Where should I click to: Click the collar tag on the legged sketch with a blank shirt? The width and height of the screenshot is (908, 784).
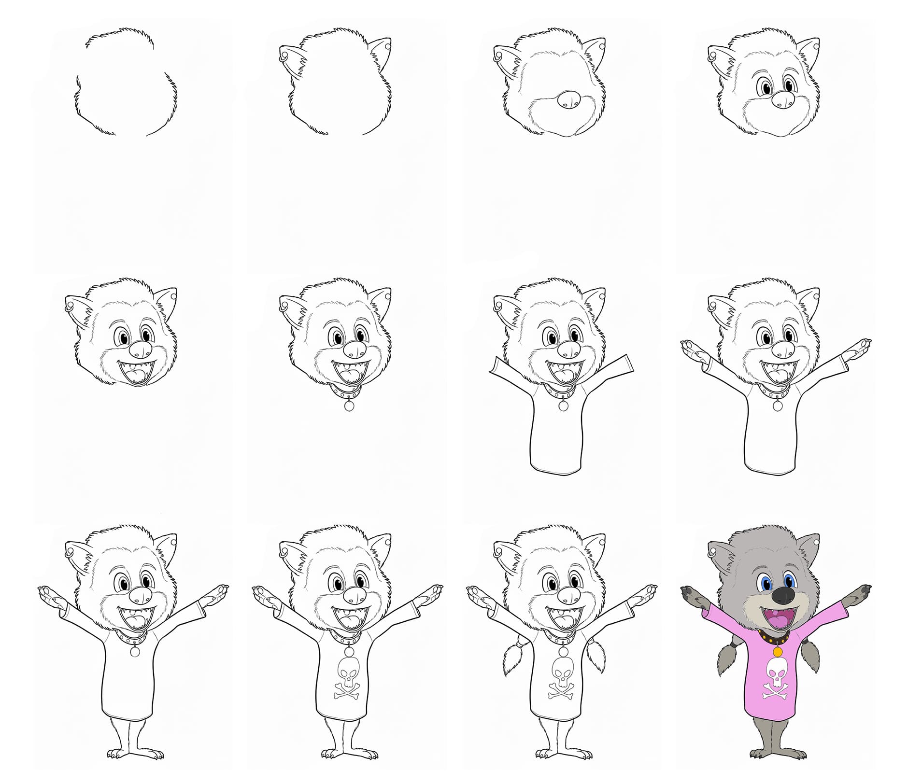[134, 652]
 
